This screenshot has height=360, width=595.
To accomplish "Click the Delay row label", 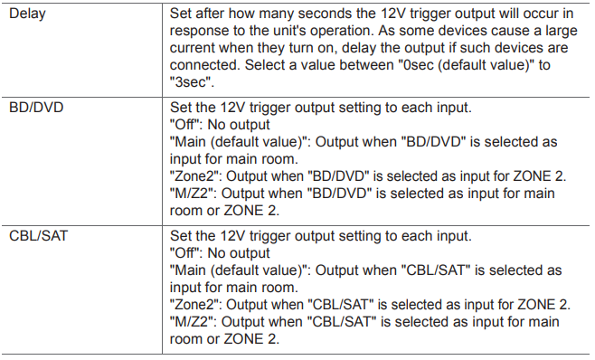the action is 27,14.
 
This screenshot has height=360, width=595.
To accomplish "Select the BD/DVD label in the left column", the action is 36,108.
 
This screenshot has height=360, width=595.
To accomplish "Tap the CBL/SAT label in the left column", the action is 38,236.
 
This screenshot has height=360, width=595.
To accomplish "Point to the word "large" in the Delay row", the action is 562,32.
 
